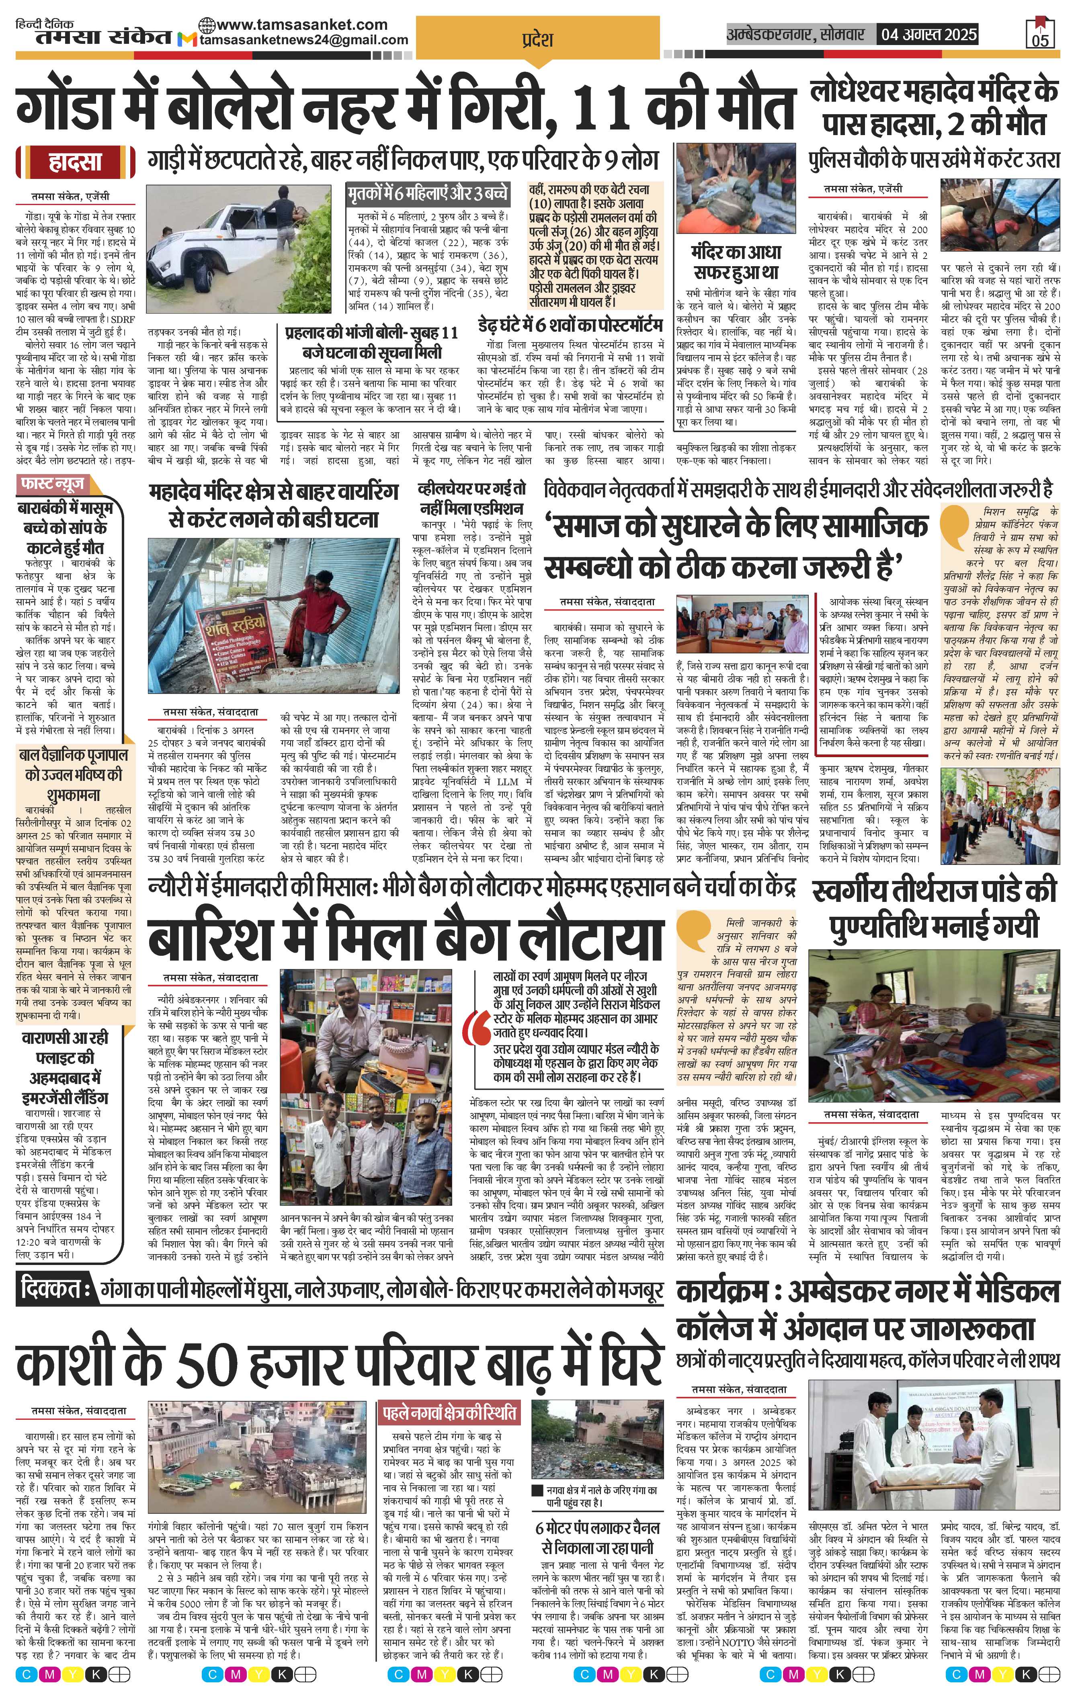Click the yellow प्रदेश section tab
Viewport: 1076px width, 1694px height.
coord(537,39)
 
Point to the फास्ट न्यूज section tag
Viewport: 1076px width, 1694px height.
coord(53,484)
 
